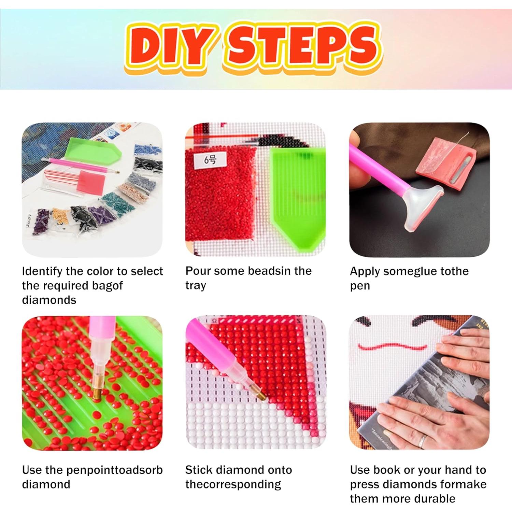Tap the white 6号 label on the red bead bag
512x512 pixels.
(x=210, y=159)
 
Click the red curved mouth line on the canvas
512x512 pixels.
(x=393, y=347)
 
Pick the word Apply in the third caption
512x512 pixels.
(x=365, y=271)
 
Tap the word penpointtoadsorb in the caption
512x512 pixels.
(x=114, y=470)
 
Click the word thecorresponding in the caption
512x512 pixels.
(x=233, y=484)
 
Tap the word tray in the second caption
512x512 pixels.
(x=196, y=285)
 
